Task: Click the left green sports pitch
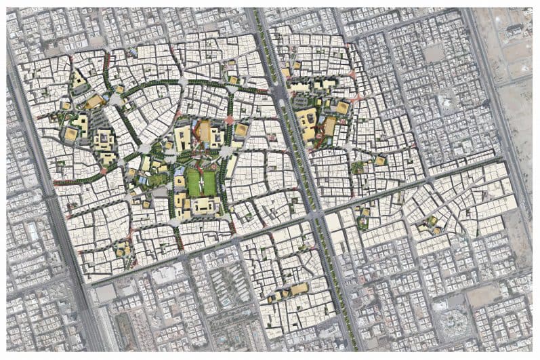click(x=194, y=182)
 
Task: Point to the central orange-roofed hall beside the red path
click(x=203, y=131)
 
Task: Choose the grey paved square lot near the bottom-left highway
click(x=106, y=293)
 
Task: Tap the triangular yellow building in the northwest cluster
click(x=79, y=80)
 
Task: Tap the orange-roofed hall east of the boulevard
click(x=330, y=125)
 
